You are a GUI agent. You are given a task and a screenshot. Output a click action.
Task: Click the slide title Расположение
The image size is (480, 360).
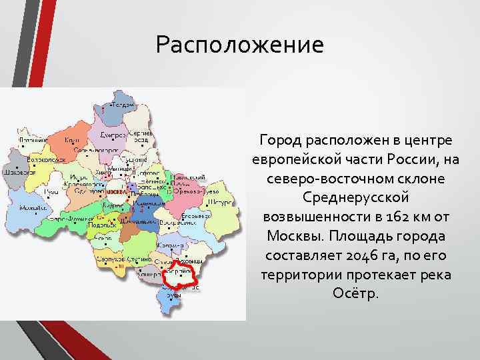[x=239, y=45]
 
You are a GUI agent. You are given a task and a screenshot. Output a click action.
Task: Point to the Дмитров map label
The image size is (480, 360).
[x=113, y=135]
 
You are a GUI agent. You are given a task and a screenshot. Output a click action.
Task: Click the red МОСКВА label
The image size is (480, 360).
[x=116, y=191]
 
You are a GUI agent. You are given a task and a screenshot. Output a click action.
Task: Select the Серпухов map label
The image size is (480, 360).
[x=109, y=257]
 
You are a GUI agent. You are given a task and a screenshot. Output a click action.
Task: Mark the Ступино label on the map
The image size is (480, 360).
[x=139, y=257]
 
